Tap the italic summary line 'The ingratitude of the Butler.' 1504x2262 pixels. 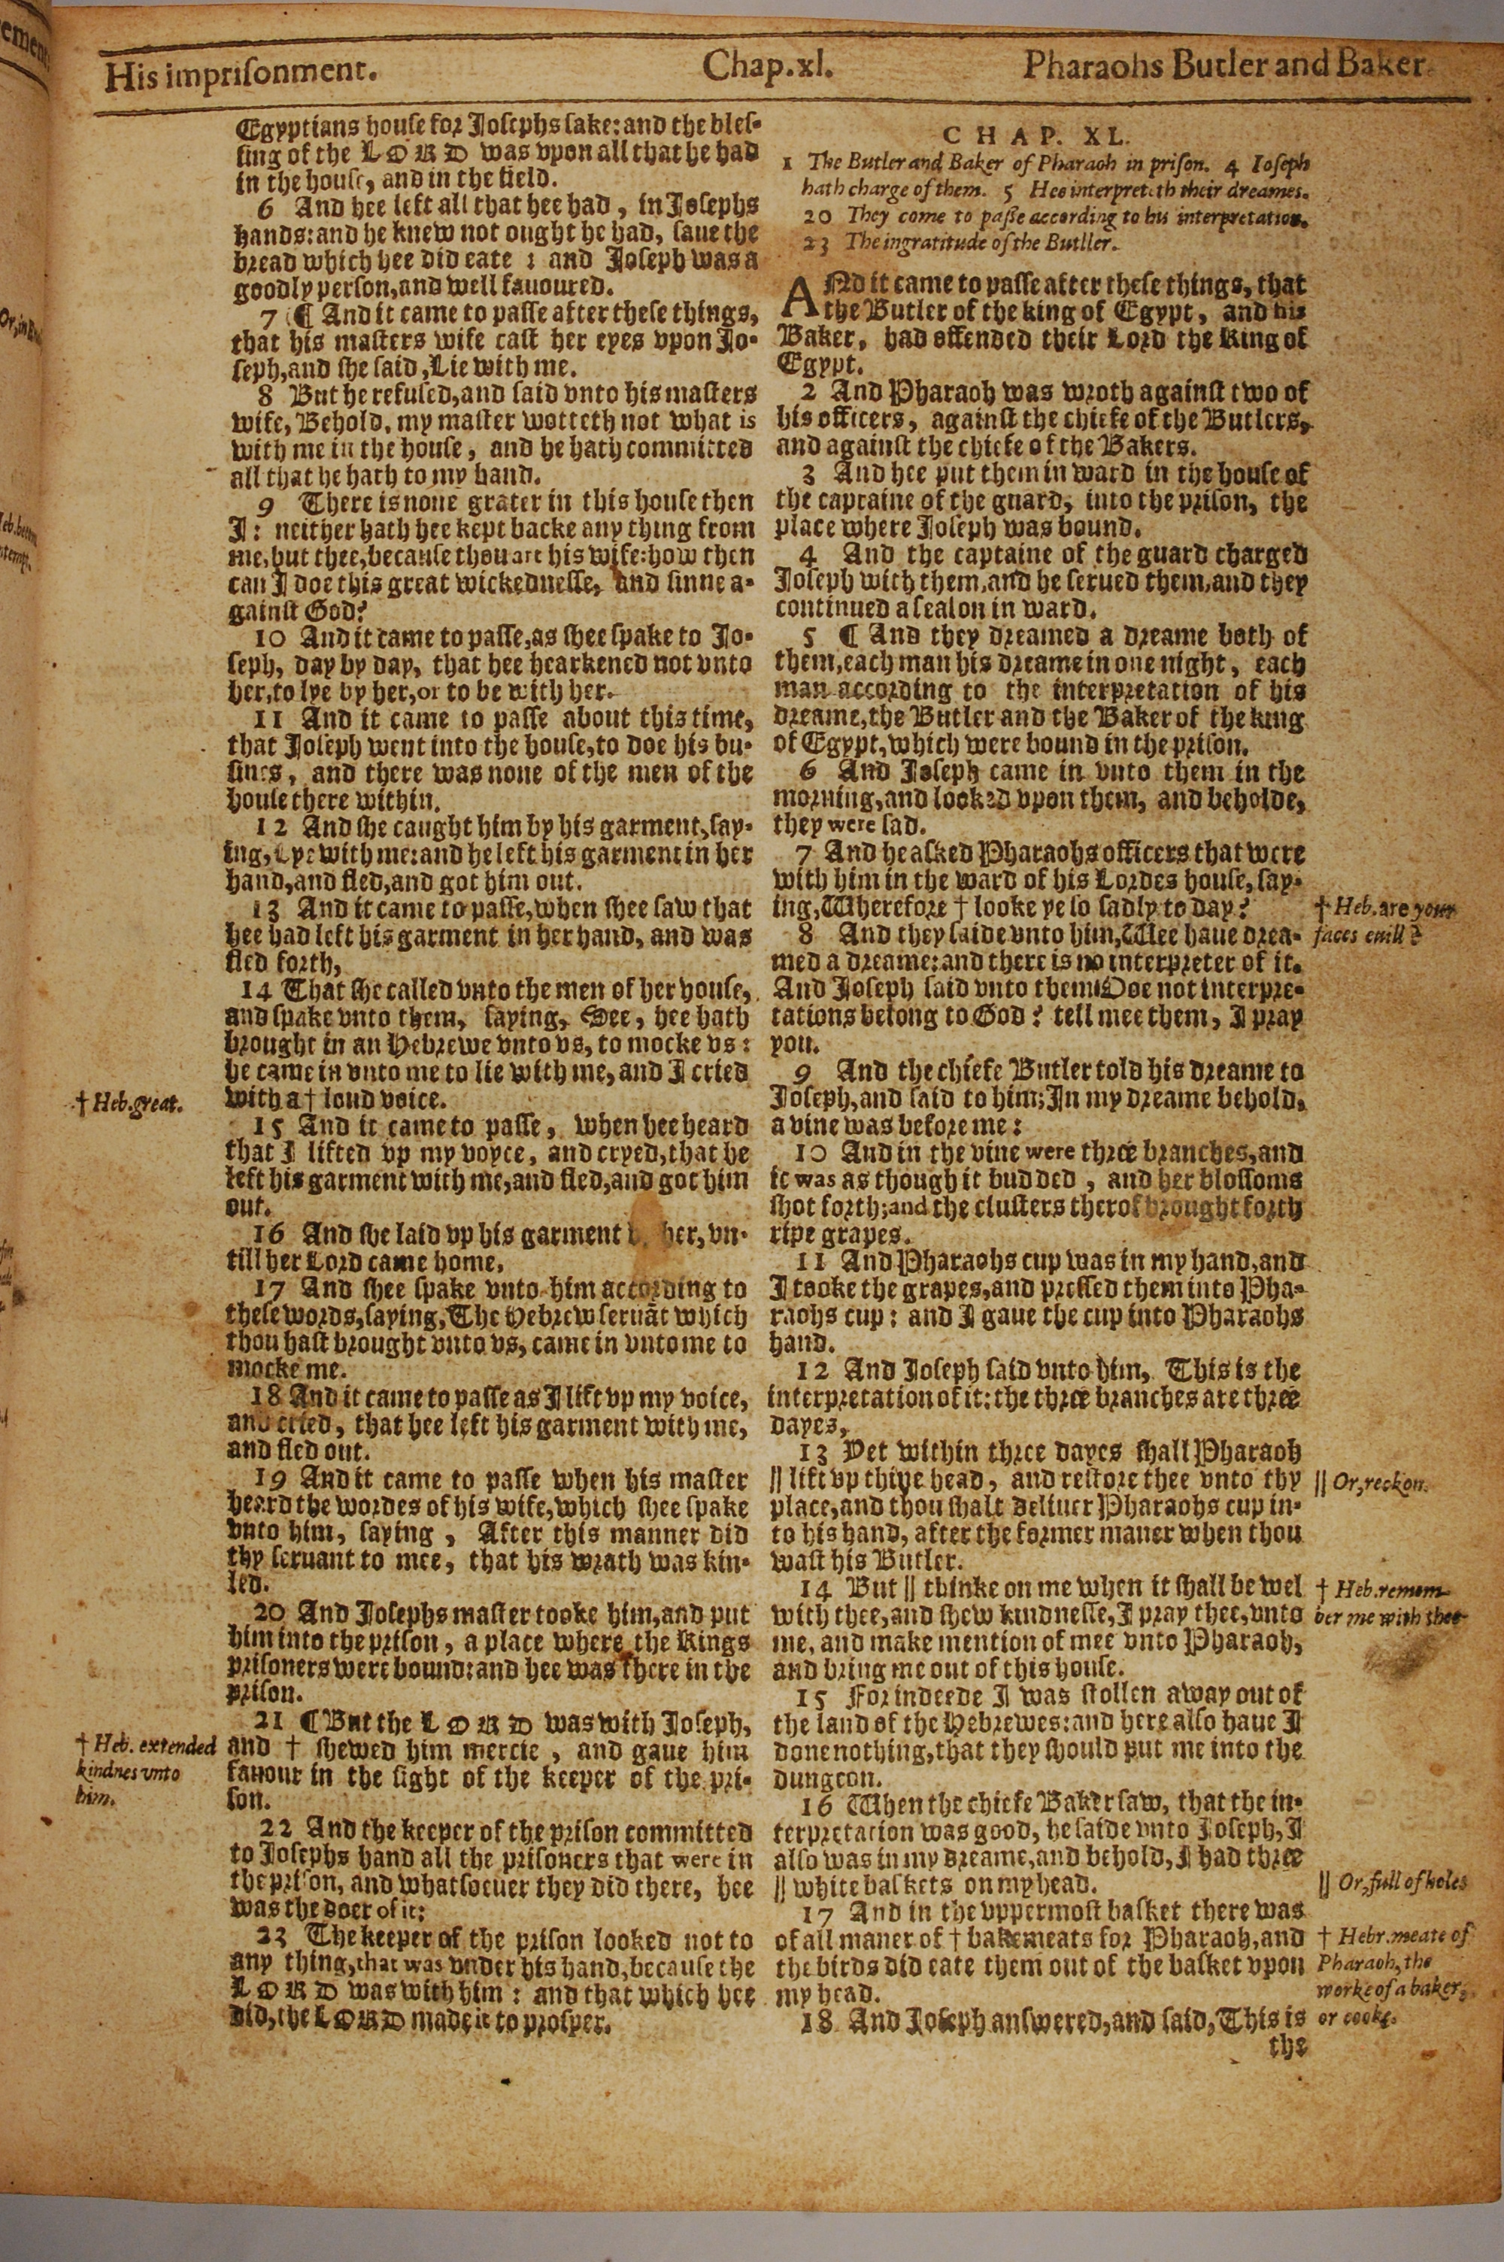tap(962, 244)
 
